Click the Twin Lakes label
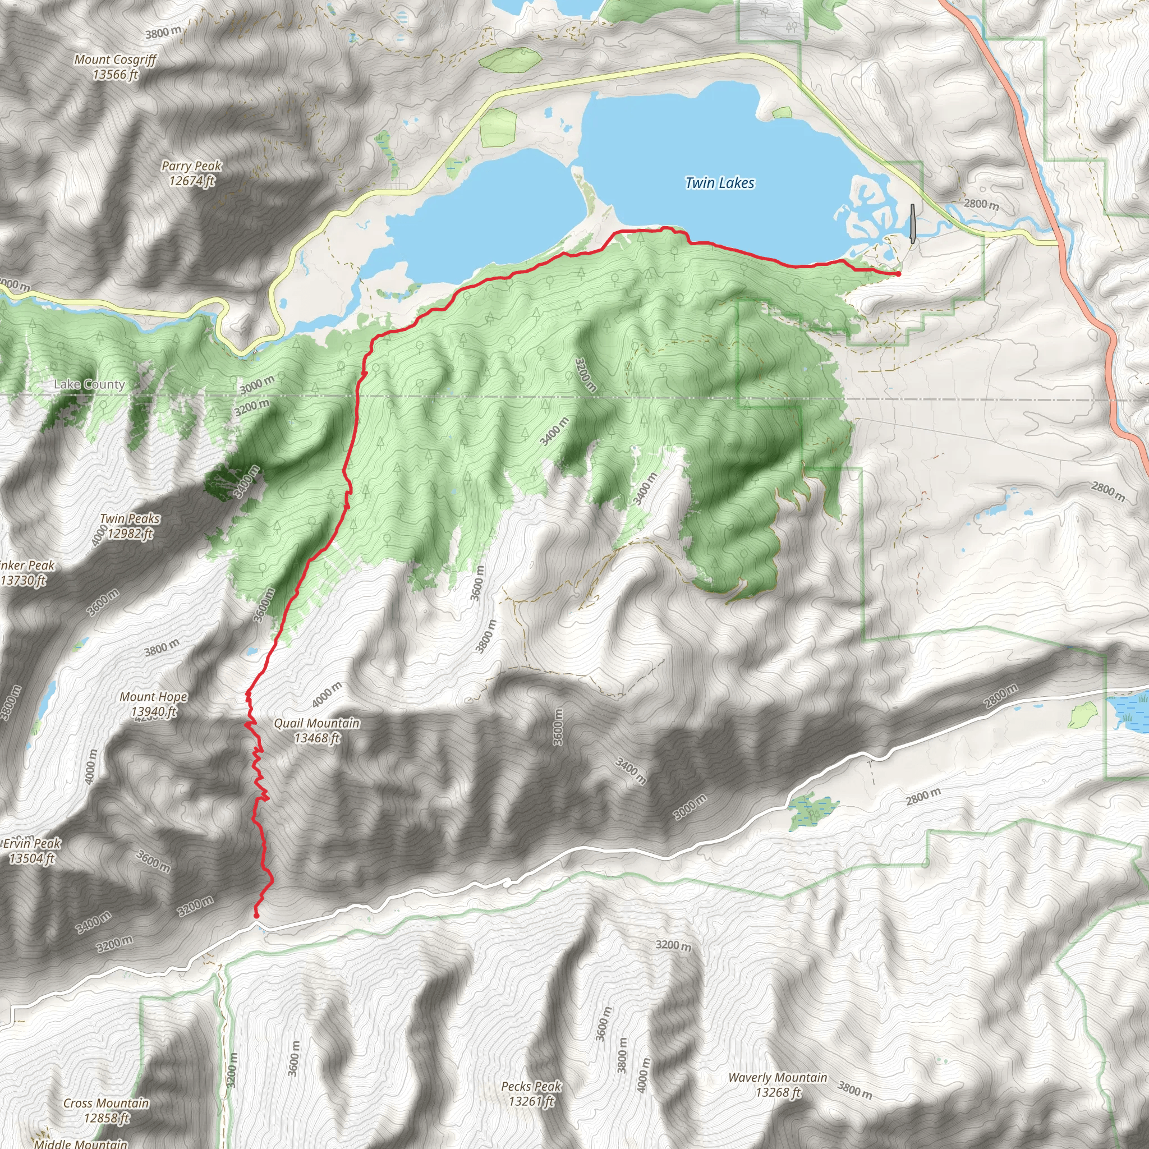(720, 183)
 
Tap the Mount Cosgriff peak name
(116, 59)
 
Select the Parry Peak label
(191, 167)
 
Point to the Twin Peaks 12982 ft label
(130, 526)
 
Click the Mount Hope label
(153, 696)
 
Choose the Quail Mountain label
(316, 723)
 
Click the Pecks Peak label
(531, 1086)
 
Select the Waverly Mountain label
(777, 1077)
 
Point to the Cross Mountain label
(106, 1102)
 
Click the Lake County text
(89, 384)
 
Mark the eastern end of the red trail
(898, 274)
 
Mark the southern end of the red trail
(256, 916)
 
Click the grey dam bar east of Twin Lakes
(913, 223)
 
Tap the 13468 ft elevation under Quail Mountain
(317, 738)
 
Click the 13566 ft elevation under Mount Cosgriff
(116, 75)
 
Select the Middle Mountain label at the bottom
(80, 1143)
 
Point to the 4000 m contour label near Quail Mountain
(327, 695)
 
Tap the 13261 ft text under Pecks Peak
(531, 1101)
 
